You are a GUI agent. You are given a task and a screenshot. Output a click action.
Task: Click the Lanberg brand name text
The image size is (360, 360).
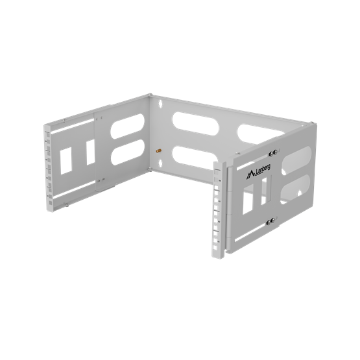[263, 170]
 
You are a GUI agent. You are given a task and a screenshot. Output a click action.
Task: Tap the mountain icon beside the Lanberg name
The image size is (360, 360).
[250, 175]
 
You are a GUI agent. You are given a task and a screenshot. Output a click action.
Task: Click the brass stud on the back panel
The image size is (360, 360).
[158, 151]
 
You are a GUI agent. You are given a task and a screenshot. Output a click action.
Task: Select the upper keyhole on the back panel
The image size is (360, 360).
[160, 103]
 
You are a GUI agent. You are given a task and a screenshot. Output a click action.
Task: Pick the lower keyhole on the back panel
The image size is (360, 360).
[160, 163]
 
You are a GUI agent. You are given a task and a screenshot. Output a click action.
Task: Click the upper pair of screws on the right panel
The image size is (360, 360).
[273, 153]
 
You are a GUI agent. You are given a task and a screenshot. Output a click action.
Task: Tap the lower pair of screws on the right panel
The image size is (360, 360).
[270, 221]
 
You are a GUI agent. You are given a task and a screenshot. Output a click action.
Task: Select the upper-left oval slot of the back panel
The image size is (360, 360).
[196, 124]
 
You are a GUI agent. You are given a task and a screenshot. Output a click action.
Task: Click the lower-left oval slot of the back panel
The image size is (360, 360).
[195, 158]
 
